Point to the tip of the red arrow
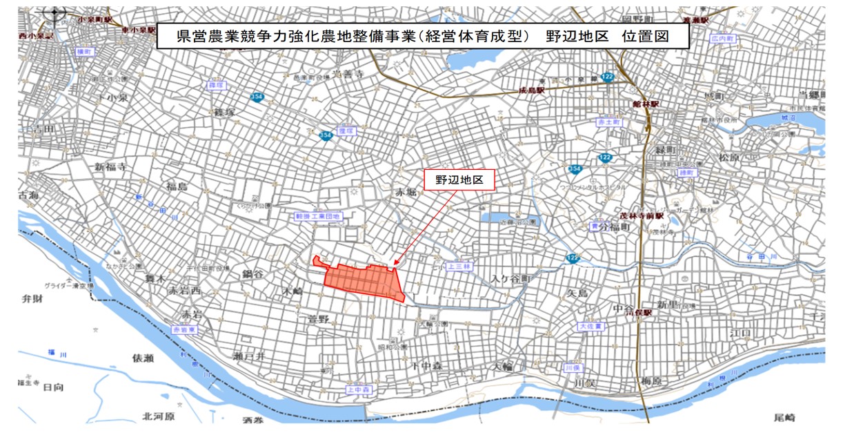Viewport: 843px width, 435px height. tap(393, 265)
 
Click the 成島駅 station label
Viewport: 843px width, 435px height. tap(532, 90)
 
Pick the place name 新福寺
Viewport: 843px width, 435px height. tap(112, 167)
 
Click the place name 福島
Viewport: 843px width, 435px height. tap(176, 186)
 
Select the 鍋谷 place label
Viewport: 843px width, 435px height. tap(252, 274)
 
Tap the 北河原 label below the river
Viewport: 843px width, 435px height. tap(158, 416)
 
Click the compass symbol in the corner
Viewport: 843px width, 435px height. tap(54, 13)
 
